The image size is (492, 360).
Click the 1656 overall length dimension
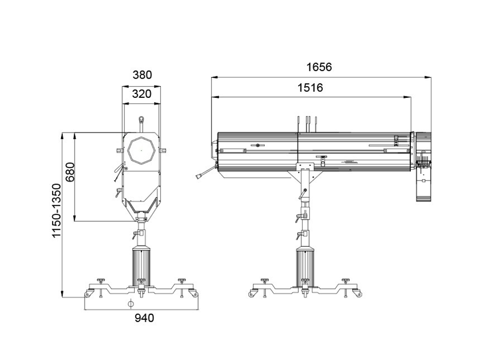[319, 67]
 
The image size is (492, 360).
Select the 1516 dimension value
[310, 88]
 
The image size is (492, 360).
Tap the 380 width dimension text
[142, 75]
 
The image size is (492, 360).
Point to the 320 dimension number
[142, 94]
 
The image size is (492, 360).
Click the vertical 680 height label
[70, 172]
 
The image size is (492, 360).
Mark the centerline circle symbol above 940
[130, 303]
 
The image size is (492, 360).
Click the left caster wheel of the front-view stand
[88, 294]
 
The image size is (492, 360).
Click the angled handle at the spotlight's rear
[203, 174]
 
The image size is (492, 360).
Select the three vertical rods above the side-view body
[307, 124]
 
